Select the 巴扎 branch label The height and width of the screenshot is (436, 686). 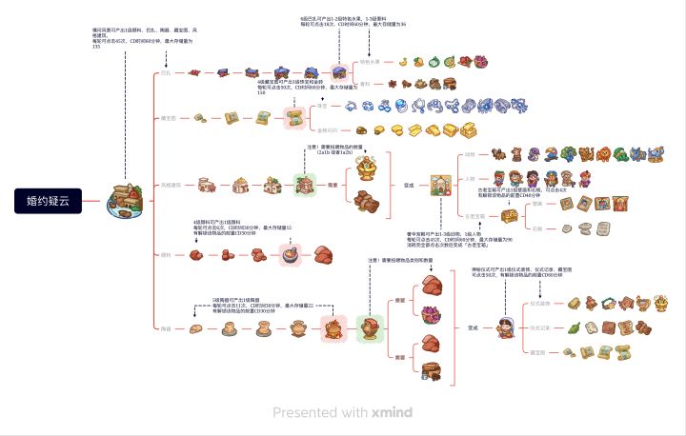[167, 72]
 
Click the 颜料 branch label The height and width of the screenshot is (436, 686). [167, 255]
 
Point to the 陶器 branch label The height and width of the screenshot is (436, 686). [167, 328]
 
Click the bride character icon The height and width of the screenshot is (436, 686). [505, 329]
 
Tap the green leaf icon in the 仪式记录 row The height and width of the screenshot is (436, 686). [573, 328]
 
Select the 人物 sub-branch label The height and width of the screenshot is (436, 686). [470, 178]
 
